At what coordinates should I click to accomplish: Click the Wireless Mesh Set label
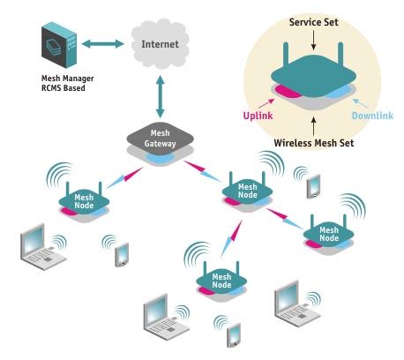(x=312, y=142)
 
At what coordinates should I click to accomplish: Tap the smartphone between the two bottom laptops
(x=234, y=334)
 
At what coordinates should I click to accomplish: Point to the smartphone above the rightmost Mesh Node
(x=313, y=184)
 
